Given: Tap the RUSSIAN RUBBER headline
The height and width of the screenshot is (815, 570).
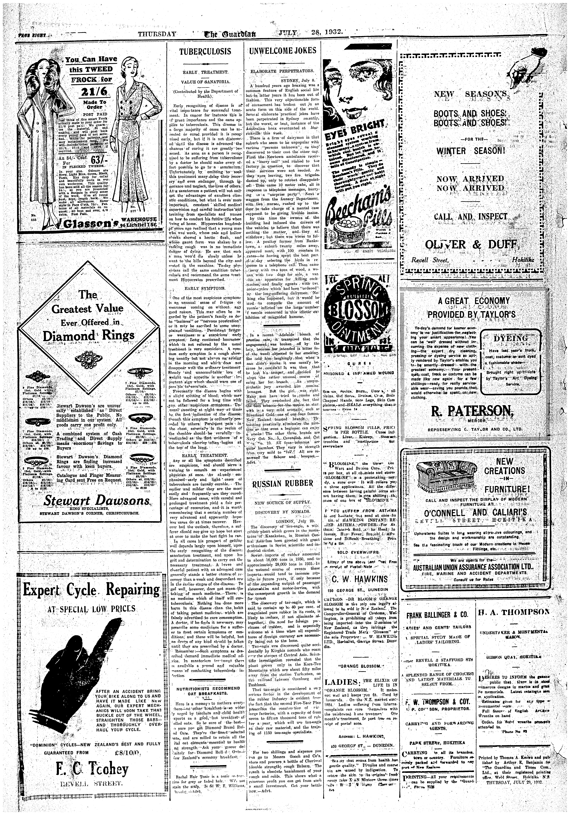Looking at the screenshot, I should click(x=283, y=483).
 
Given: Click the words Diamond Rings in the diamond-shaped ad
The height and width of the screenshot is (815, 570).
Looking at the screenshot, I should click(x=89, y=335).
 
